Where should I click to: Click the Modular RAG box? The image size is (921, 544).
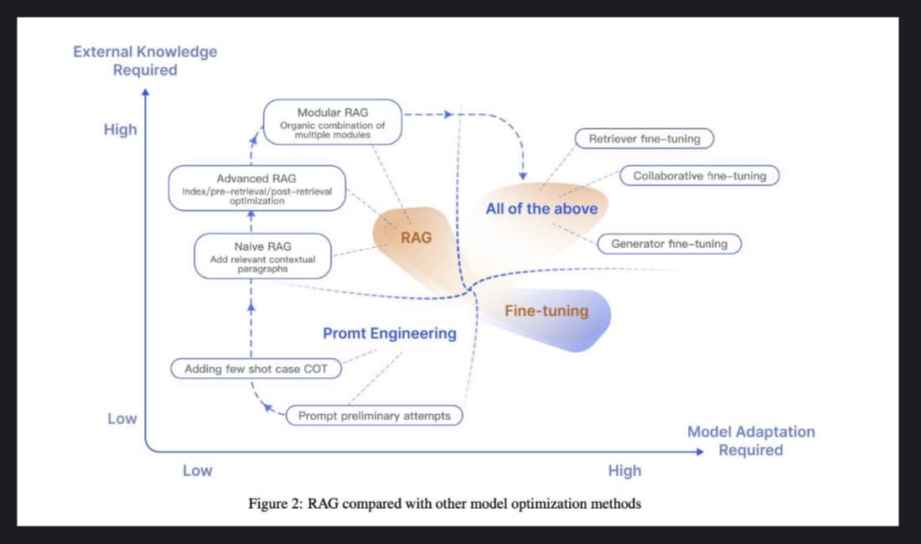coord(333,122)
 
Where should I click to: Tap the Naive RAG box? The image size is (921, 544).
coord(261,256)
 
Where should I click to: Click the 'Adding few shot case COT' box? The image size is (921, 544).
coord(256,369)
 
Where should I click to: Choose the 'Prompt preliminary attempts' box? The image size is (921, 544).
coord(374,415)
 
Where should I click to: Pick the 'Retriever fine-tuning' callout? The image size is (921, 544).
coord(644,139)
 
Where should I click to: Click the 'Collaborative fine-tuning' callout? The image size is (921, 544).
coord(699,176)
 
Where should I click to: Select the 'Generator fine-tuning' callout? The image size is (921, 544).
coord(669,244)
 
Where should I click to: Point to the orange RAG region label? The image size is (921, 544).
coord(416,238)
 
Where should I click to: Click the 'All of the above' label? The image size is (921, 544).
coord(541,209)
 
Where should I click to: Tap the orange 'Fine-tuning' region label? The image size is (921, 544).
coord(546,311)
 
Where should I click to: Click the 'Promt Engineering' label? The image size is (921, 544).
coord(390,334)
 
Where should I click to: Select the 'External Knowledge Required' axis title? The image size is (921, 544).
coord(145,60)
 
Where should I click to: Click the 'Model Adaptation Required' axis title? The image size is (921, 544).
coord(750,441)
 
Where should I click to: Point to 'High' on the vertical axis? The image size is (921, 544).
coord(120,130)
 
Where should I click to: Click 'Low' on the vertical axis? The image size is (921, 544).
coord(122,418)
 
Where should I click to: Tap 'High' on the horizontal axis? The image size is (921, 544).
coord(624,471)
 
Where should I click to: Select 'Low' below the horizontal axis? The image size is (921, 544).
coord(198,471)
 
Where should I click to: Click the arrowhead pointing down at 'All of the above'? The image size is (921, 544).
coord(523,176)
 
